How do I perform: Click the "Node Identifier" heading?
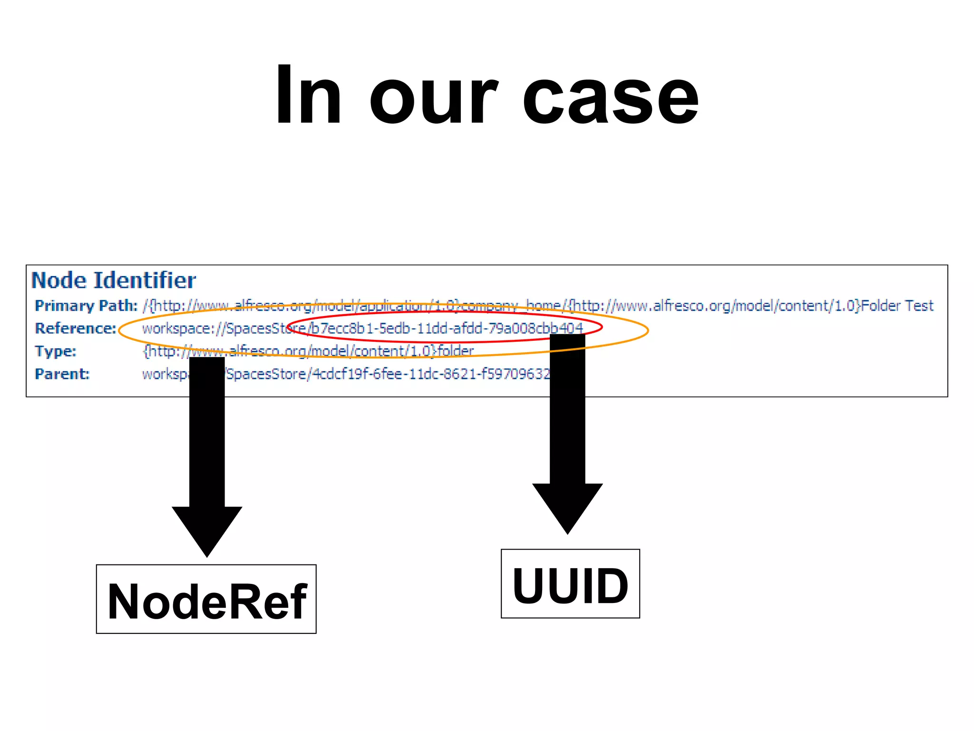click(x=114, y=280)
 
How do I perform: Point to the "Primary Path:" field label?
click(x=86, y=306)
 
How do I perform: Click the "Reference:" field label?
click(x=76, y=328)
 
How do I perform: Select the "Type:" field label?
click(x=56, y=351)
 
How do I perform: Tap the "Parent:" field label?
click(x=62, y=374)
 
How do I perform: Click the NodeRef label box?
click(x=206, y=599)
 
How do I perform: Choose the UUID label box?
click(x=570, y=584)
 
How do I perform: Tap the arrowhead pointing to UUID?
click(x=567, y=506)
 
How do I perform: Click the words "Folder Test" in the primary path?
click(x=897, y=306)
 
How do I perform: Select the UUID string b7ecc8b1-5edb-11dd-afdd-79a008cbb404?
click(x=447, y=328)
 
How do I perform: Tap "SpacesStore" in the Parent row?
click(x=266, y=374)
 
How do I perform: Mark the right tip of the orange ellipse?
click(x=648, y=330)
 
